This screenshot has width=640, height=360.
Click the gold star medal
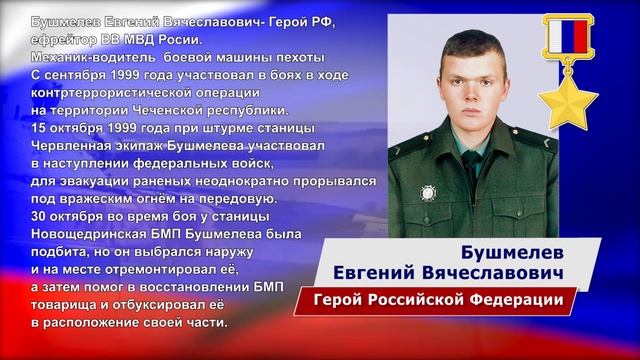point(566,99)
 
